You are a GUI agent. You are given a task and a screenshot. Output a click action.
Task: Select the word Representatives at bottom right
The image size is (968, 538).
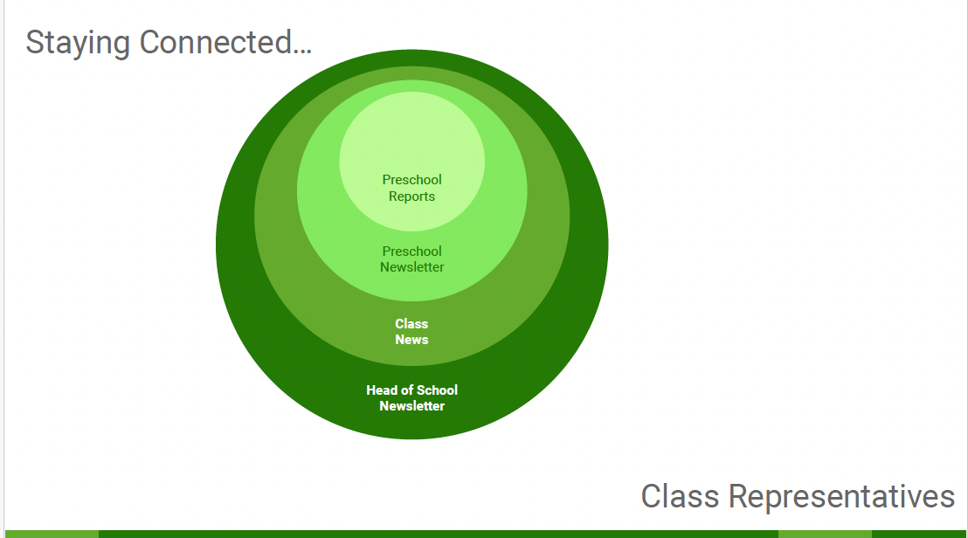click(841, 497)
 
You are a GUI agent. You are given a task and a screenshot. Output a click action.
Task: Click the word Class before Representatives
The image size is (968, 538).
click(680, 497)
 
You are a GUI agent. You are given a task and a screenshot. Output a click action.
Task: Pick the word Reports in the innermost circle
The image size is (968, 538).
click(411, 197)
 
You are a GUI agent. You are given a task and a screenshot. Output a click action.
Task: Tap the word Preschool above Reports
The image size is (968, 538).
click(411, 180)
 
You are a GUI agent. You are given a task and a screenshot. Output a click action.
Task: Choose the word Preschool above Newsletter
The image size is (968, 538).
click(411, 252)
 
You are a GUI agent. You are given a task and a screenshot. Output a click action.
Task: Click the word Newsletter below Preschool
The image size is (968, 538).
click(411, 267)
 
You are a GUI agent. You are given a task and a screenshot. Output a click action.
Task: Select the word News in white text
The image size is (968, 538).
click(411, 340)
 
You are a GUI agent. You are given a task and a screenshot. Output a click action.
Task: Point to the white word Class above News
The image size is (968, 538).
click(411, 324)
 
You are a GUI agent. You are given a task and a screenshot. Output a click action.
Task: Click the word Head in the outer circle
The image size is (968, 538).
click(382, 390)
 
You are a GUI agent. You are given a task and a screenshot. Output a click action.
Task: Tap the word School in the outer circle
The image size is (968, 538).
click(437, 390)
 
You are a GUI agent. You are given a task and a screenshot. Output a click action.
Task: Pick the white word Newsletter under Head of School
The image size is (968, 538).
click(411, 406)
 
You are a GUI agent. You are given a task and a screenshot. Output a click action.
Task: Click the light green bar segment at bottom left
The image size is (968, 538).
click(51, 534)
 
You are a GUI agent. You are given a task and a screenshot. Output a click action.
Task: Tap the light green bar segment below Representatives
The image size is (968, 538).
click(824, 534)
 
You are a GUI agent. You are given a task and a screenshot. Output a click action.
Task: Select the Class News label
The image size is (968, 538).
click(411, 332)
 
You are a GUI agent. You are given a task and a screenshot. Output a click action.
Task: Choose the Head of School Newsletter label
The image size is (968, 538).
click(411, 398)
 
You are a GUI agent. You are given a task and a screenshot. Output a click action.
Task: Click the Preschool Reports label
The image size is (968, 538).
click(411, 188)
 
